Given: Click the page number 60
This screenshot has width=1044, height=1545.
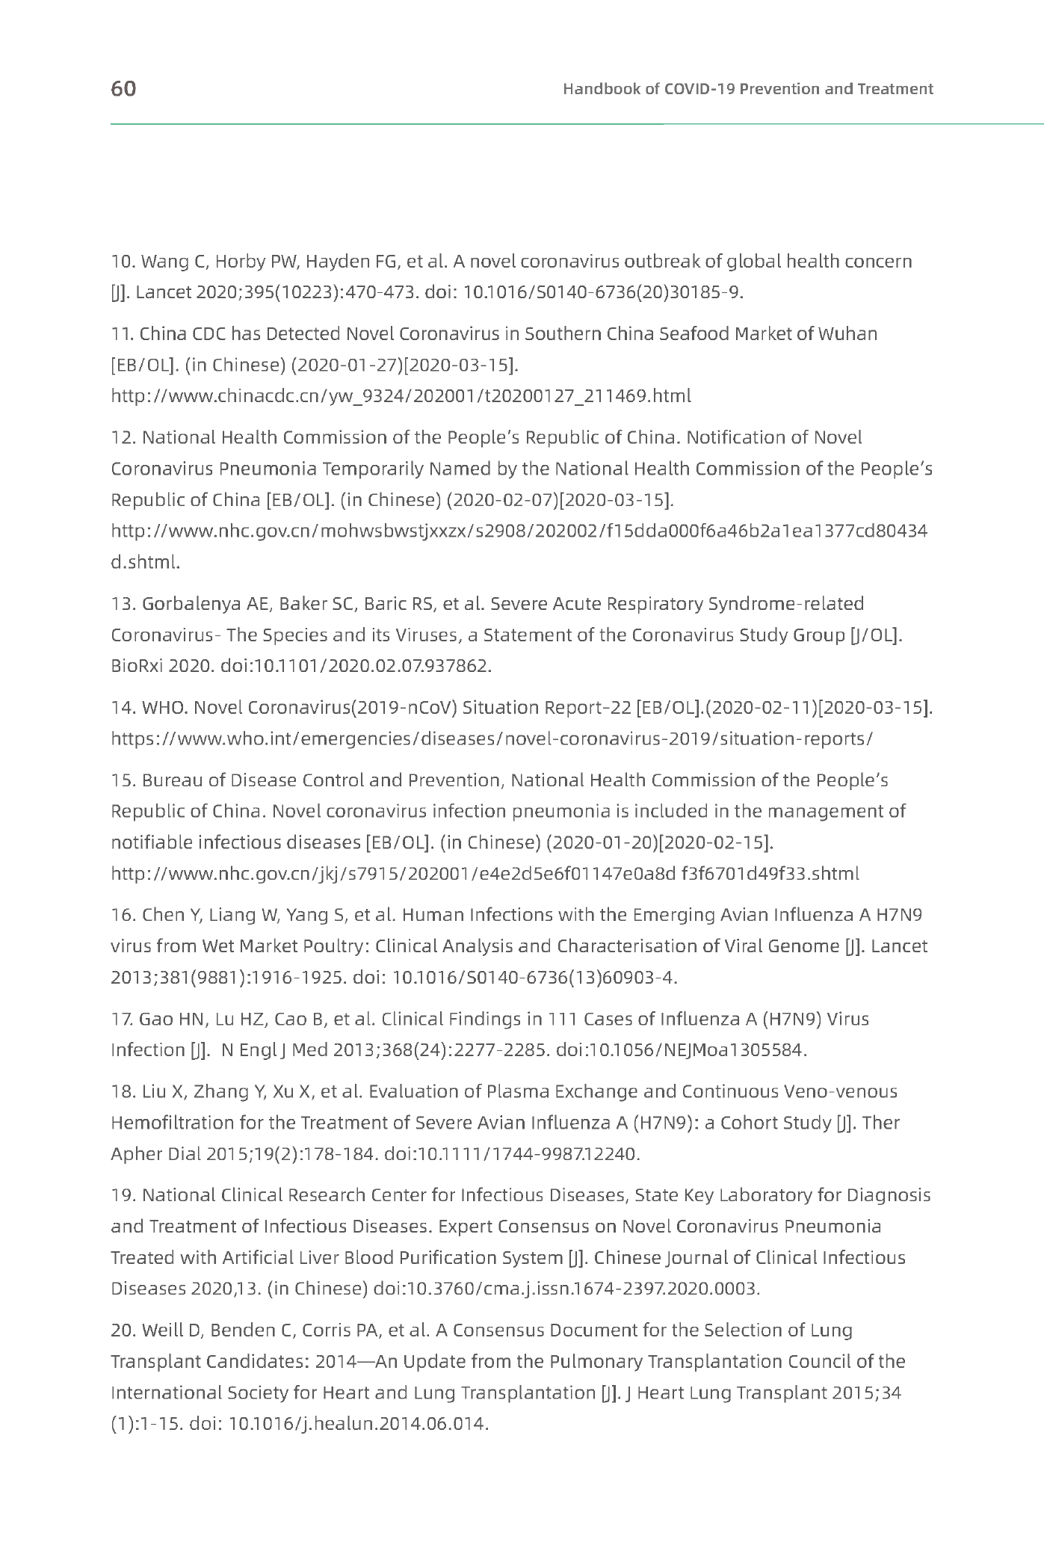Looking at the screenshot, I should click(123, 89).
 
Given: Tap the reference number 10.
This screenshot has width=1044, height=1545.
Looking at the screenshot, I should click(122, 262).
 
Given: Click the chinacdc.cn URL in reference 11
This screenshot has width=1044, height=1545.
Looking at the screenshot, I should click(401, 395).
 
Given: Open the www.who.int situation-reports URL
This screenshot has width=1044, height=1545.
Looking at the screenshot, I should click(492, 738).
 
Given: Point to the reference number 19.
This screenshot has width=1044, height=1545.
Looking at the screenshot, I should click(122, 1195).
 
